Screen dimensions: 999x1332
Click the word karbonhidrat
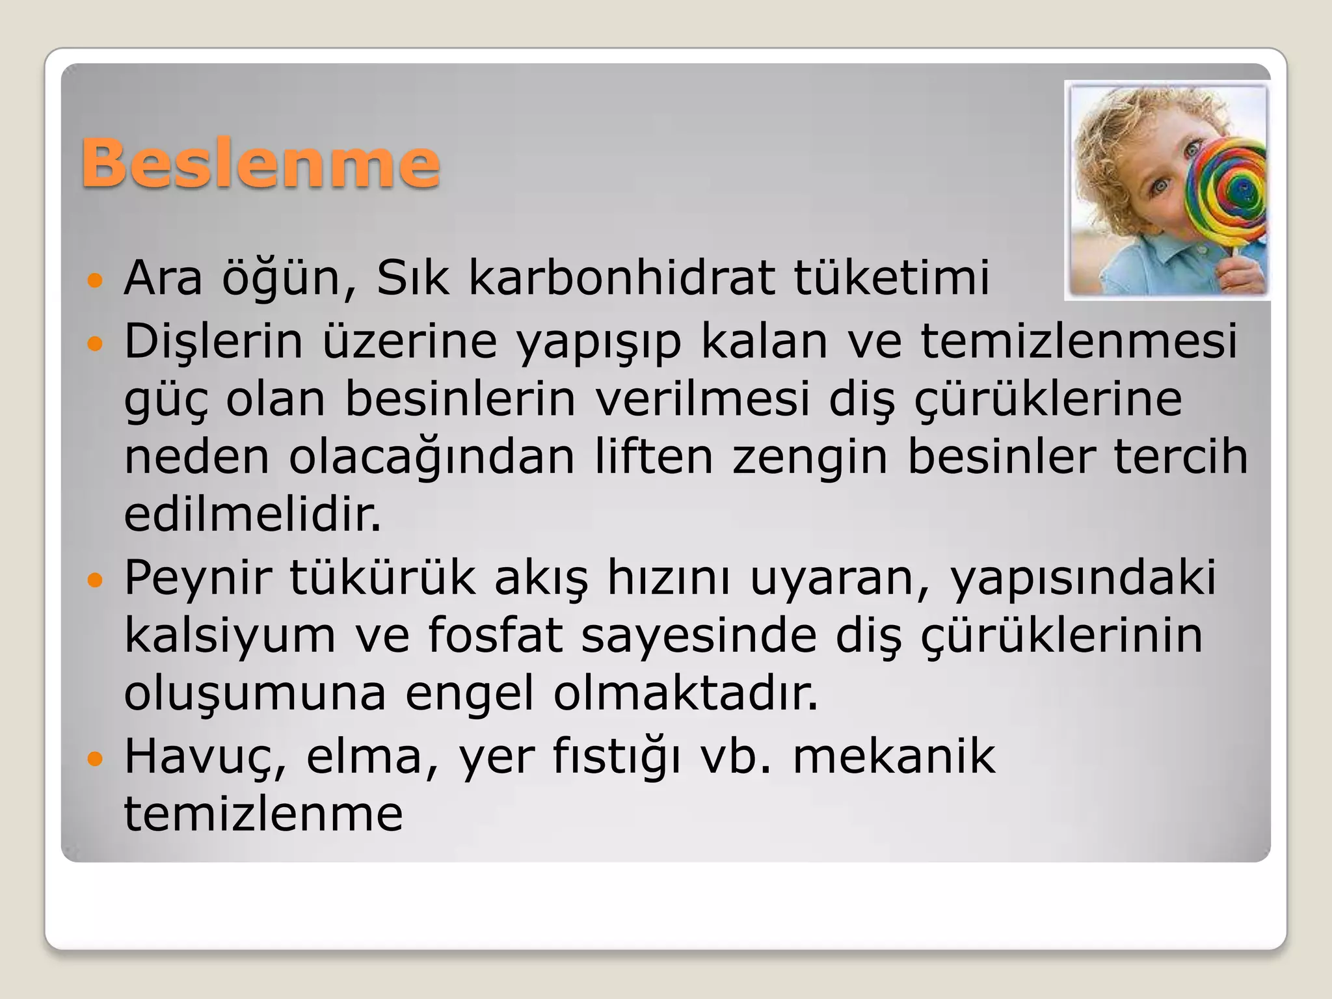click(x=622, y=278)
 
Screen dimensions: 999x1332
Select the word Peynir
click(x=197, y=578)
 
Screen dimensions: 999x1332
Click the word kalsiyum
click(x=230, y=636)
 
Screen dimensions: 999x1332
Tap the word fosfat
click(x=495, y=635)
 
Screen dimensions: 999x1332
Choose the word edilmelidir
click(x=252, y=515)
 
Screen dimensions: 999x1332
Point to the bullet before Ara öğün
click(x=95, y=281)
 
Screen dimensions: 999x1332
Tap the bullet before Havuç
click(x=95, y=759)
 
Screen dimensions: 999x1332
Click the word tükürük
click(x=382, y=577)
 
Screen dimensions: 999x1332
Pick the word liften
click(x=654, y=457)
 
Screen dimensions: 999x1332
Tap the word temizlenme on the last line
click(x=263, y=814)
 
